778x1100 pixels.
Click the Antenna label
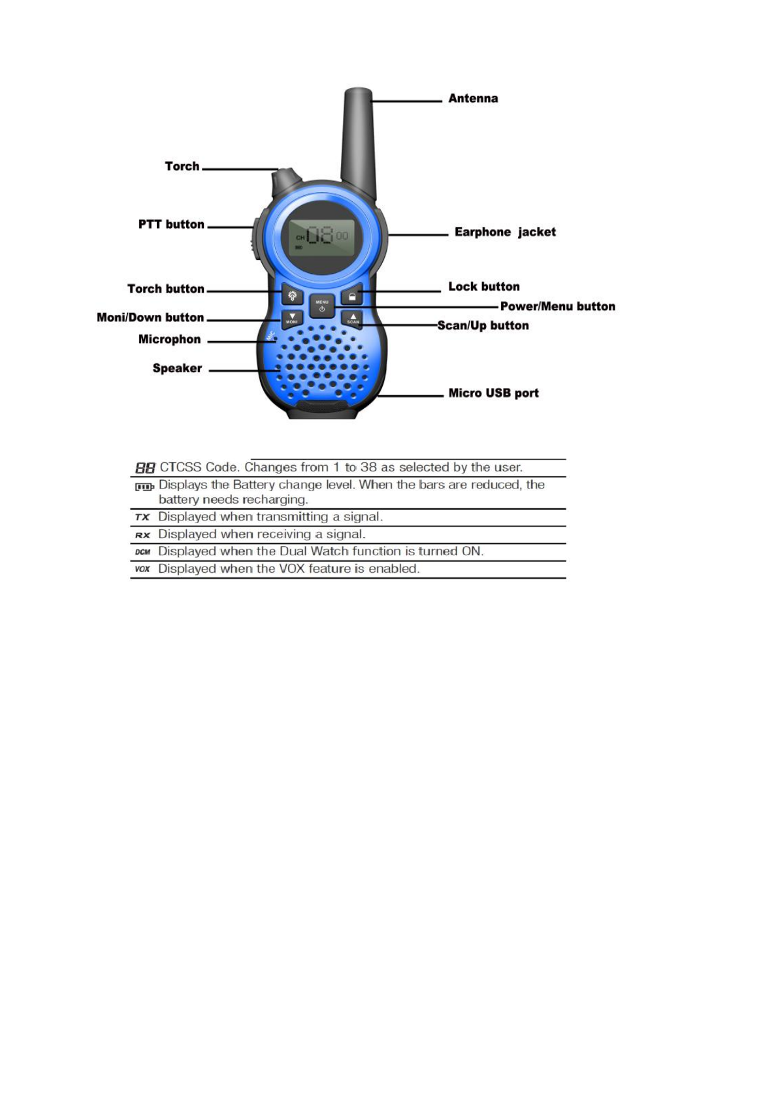tap(472, 99)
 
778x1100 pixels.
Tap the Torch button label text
tap(165, 289)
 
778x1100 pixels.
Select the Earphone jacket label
tap(504, 232)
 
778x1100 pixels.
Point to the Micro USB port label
tap(493, 393)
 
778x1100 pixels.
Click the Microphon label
tap(169, 340)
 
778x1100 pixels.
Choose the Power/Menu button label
tap(557, 306)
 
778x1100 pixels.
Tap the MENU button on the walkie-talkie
tap(322, 305)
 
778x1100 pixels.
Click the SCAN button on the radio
tap(353, 319)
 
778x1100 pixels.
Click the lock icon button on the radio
tap(352, 296)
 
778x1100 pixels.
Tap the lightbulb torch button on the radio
tap(292, 296)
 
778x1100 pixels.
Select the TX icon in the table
tap(142, 517)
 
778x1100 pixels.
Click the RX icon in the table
tap(142, 535)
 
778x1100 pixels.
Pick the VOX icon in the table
tap(142, 569)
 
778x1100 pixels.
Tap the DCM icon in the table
tap(142, 552)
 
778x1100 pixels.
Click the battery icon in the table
tap(144, 487)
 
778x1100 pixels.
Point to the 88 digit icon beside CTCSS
tap(145, 468)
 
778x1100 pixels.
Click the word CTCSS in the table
tap(180, 467)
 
